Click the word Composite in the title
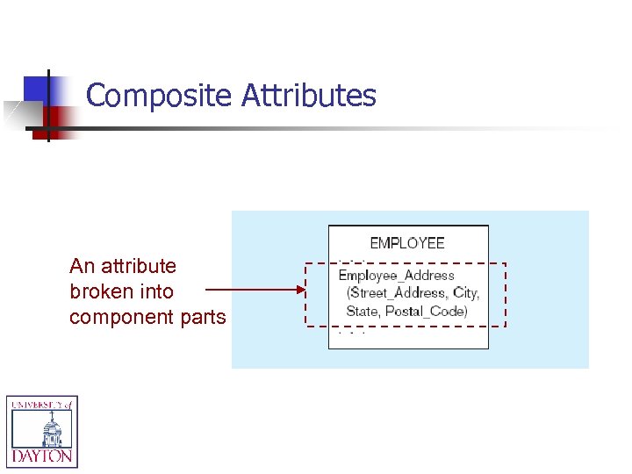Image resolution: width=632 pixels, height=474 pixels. click(161, 95)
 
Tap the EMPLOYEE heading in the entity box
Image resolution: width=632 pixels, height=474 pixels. click(407, 243)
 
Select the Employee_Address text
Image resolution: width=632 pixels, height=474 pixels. click(397, 276)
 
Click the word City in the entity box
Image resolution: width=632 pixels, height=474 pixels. click(465, 293)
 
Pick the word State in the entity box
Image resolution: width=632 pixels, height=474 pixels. click(363, 311)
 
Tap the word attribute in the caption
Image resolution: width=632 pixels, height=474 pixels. click(140, 266)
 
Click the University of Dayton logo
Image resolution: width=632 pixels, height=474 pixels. click(42, 430)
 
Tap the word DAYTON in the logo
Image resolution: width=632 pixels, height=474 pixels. click(42, 456)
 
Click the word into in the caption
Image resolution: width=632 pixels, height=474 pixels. click(156, 291)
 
